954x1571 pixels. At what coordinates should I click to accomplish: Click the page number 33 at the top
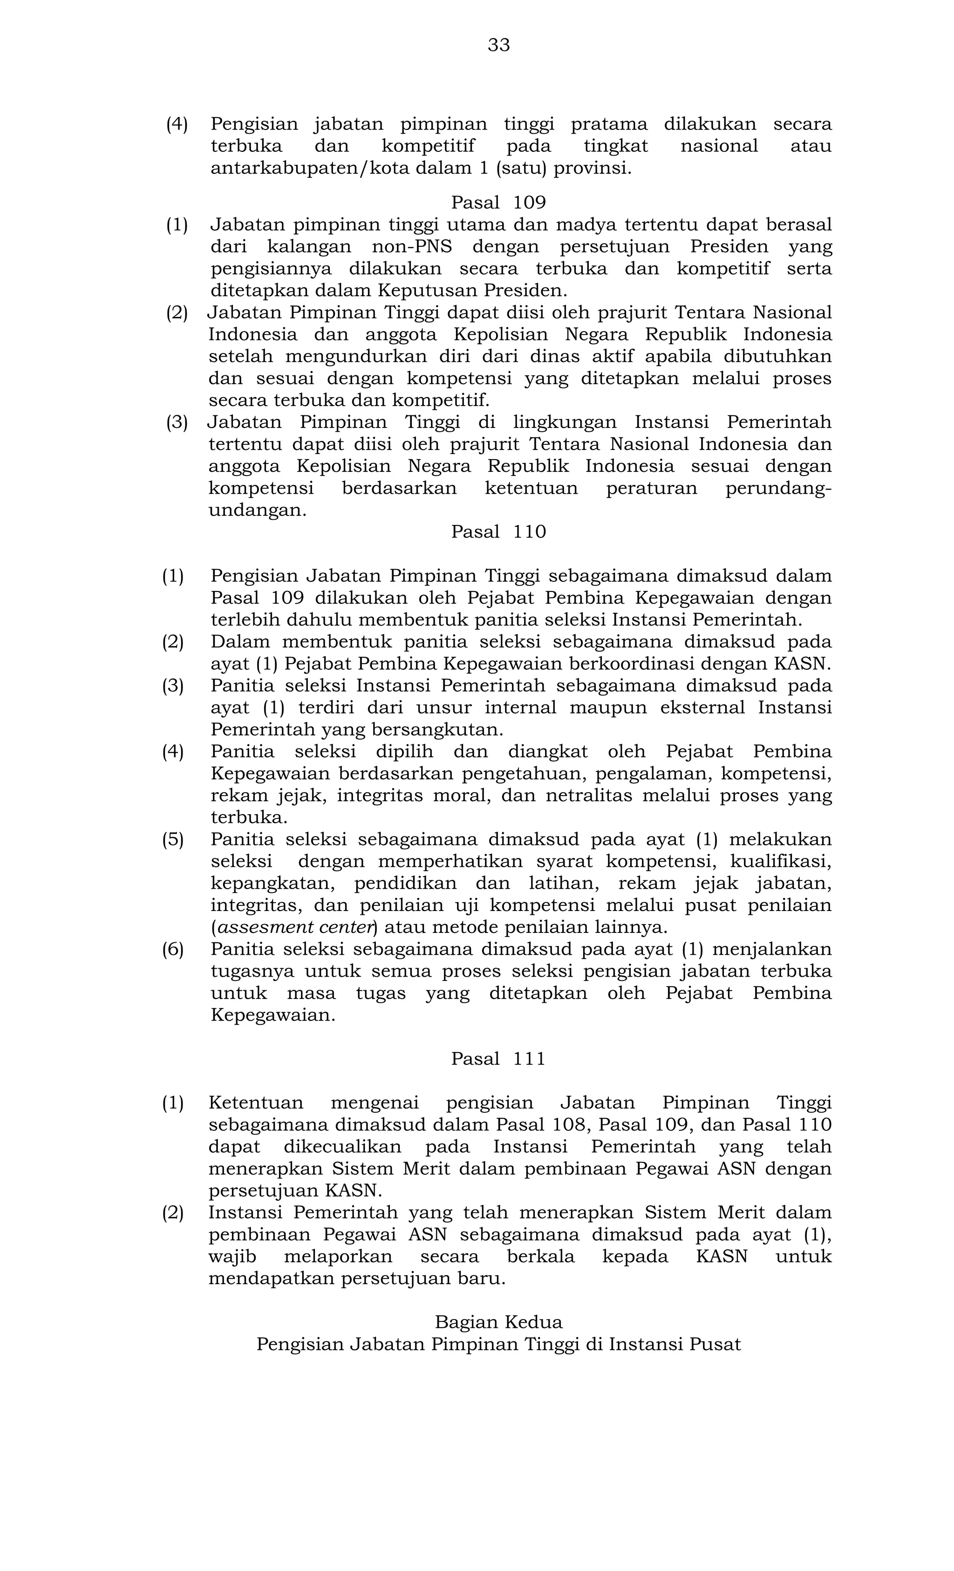coord(498,45)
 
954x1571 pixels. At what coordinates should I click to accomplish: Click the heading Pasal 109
coord(498,203)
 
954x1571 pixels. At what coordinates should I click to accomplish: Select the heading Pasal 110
coord(498,532)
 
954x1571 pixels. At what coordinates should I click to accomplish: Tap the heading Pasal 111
coord(498,1059)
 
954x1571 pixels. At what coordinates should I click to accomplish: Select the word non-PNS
coord(411,247)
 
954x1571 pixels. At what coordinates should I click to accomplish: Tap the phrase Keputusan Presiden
coord(472,291)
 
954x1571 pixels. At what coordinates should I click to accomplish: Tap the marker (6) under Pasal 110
coord(172,949)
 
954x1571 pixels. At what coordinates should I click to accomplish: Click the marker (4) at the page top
coord(177,124)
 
